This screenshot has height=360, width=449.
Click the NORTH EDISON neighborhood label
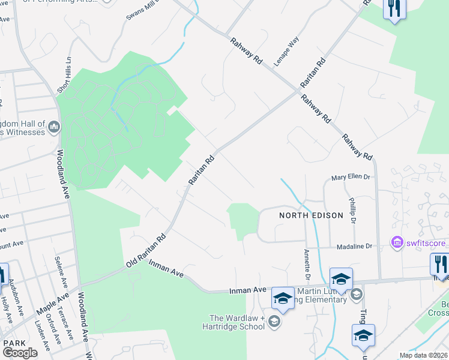[x=310, y=215]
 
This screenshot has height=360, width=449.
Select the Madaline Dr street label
[x=355, y=247]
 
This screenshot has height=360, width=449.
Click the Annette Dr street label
[x=307, y=265]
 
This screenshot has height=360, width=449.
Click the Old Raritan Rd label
[x=145, y=251]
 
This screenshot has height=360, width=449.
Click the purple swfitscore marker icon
[x=397, y=243]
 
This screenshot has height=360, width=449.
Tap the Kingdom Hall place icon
[x=54, y=127]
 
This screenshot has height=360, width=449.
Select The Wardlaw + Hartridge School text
[x=237, y=322]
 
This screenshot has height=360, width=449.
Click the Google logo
[x=20, y=353]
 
